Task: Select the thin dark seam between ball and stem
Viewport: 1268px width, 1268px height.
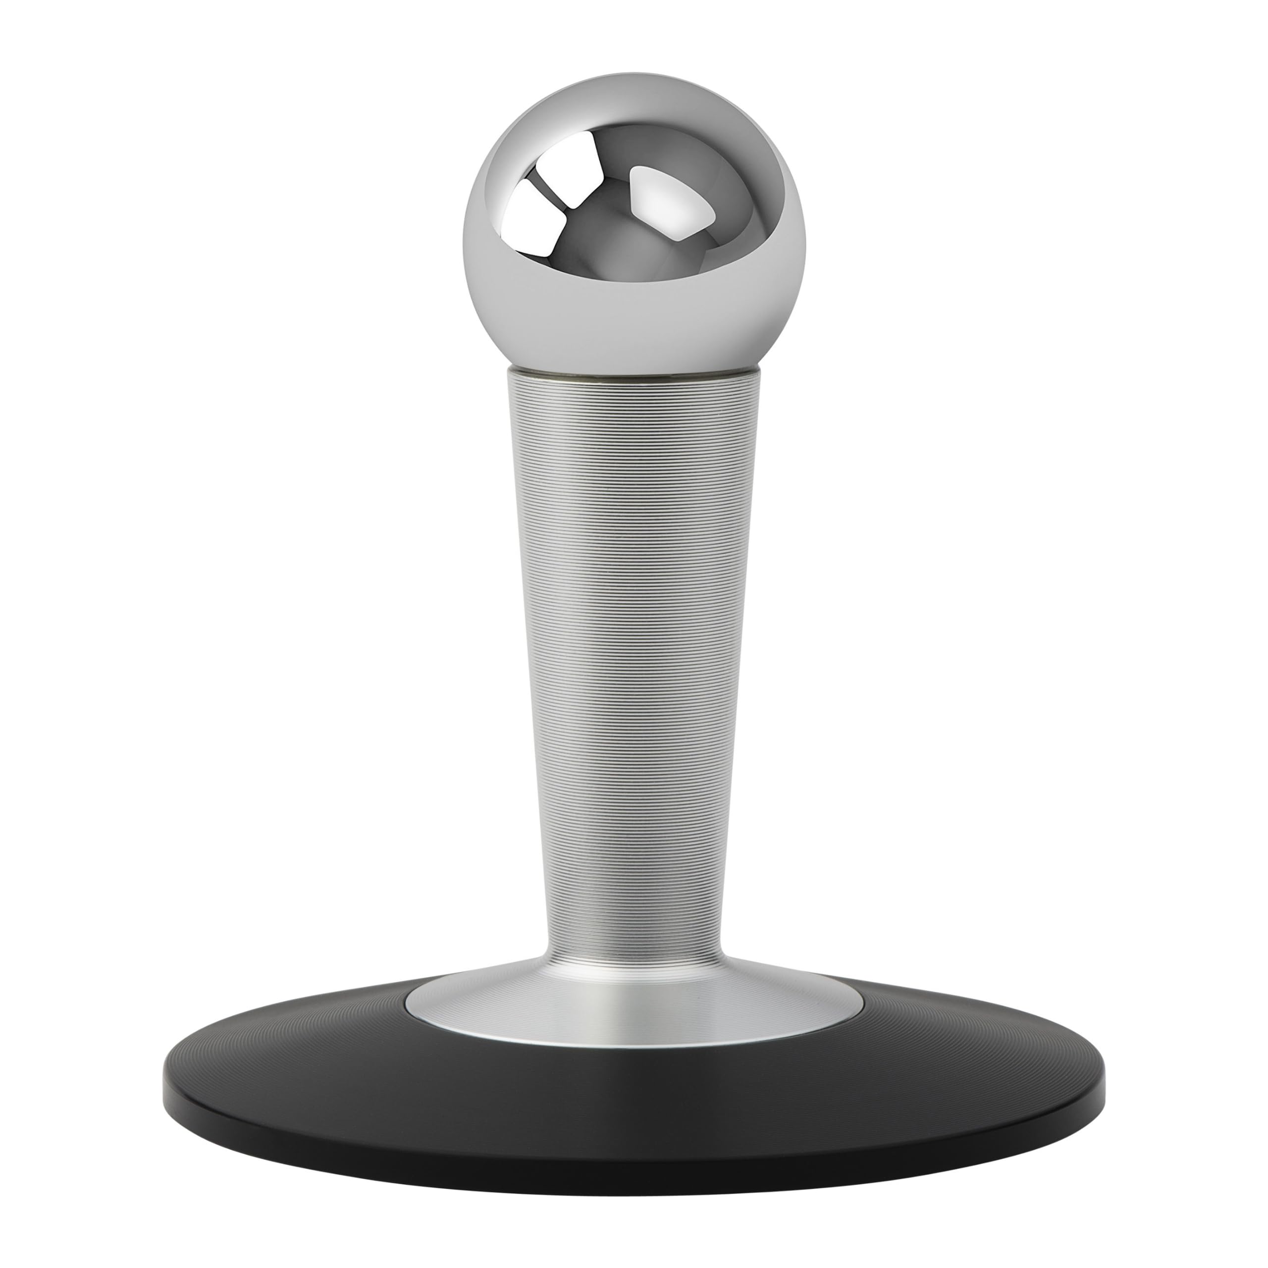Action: pyautogui.click(x=634, y=375)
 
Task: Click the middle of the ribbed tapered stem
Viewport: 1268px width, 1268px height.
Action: pyautogui.click(x=634, y=656)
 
